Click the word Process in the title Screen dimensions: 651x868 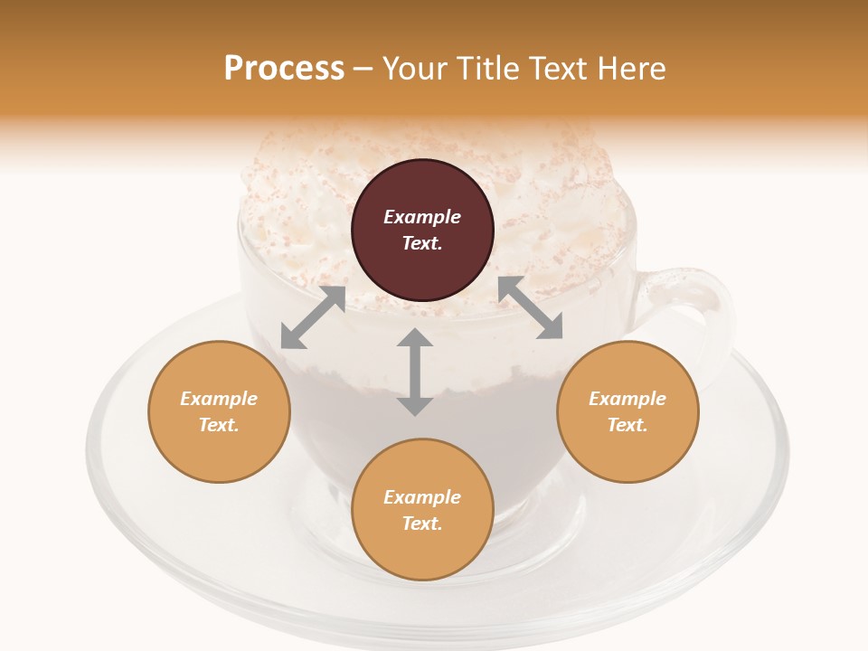(284, 69)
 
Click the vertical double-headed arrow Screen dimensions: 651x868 (415, 372)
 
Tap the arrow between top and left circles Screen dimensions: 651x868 (313, 317)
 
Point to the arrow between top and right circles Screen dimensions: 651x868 (531, 307)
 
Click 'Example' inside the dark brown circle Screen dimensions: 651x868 (422, 217)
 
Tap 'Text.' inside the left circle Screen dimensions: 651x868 (219, 425)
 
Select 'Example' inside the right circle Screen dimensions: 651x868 (627, 399)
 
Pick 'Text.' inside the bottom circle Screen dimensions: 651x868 (422, 524)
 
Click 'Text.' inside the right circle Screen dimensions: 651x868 (627, 425)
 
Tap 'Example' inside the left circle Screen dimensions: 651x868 (219, 399)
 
